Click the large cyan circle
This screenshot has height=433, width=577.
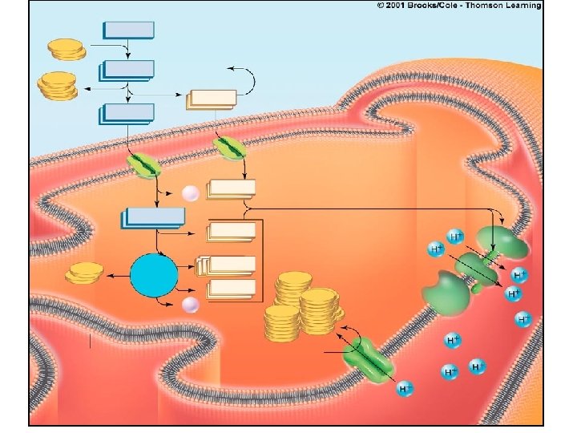pyautogui.click(x=153, y=275)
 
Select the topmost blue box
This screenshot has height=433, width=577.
pyautogui.click(x=128, y=30)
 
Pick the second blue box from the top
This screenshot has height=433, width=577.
pyautogui.click(x=128, y=70)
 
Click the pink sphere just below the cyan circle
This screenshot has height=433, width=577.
pyautogui.click(x=190, y=304)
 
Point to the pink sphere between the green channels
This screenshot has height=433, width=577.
pyautogui.click(x=190, y=193)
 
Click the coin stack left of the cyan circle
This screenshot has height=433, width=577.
pyautogui.click(x=85, y=273)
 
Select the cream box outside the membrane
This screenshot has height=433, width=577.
pyautogui.click(x=212, y=99)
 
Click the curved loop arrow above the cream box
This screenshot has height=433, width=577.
pyautogui.click(x=245, y=78)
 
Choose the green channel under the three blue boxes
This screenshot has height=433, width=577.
pyautogui.click(x=145, y=166)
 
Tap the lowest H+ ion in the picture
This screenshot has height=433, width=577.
pyautogui.click(x=406, y=389)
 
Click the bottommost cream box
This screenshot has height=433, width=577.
pyautogui.click(x=232, y=289)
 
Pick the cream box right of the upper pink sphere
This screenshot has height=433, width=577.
pyautogui.click(x=232, y=189)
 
